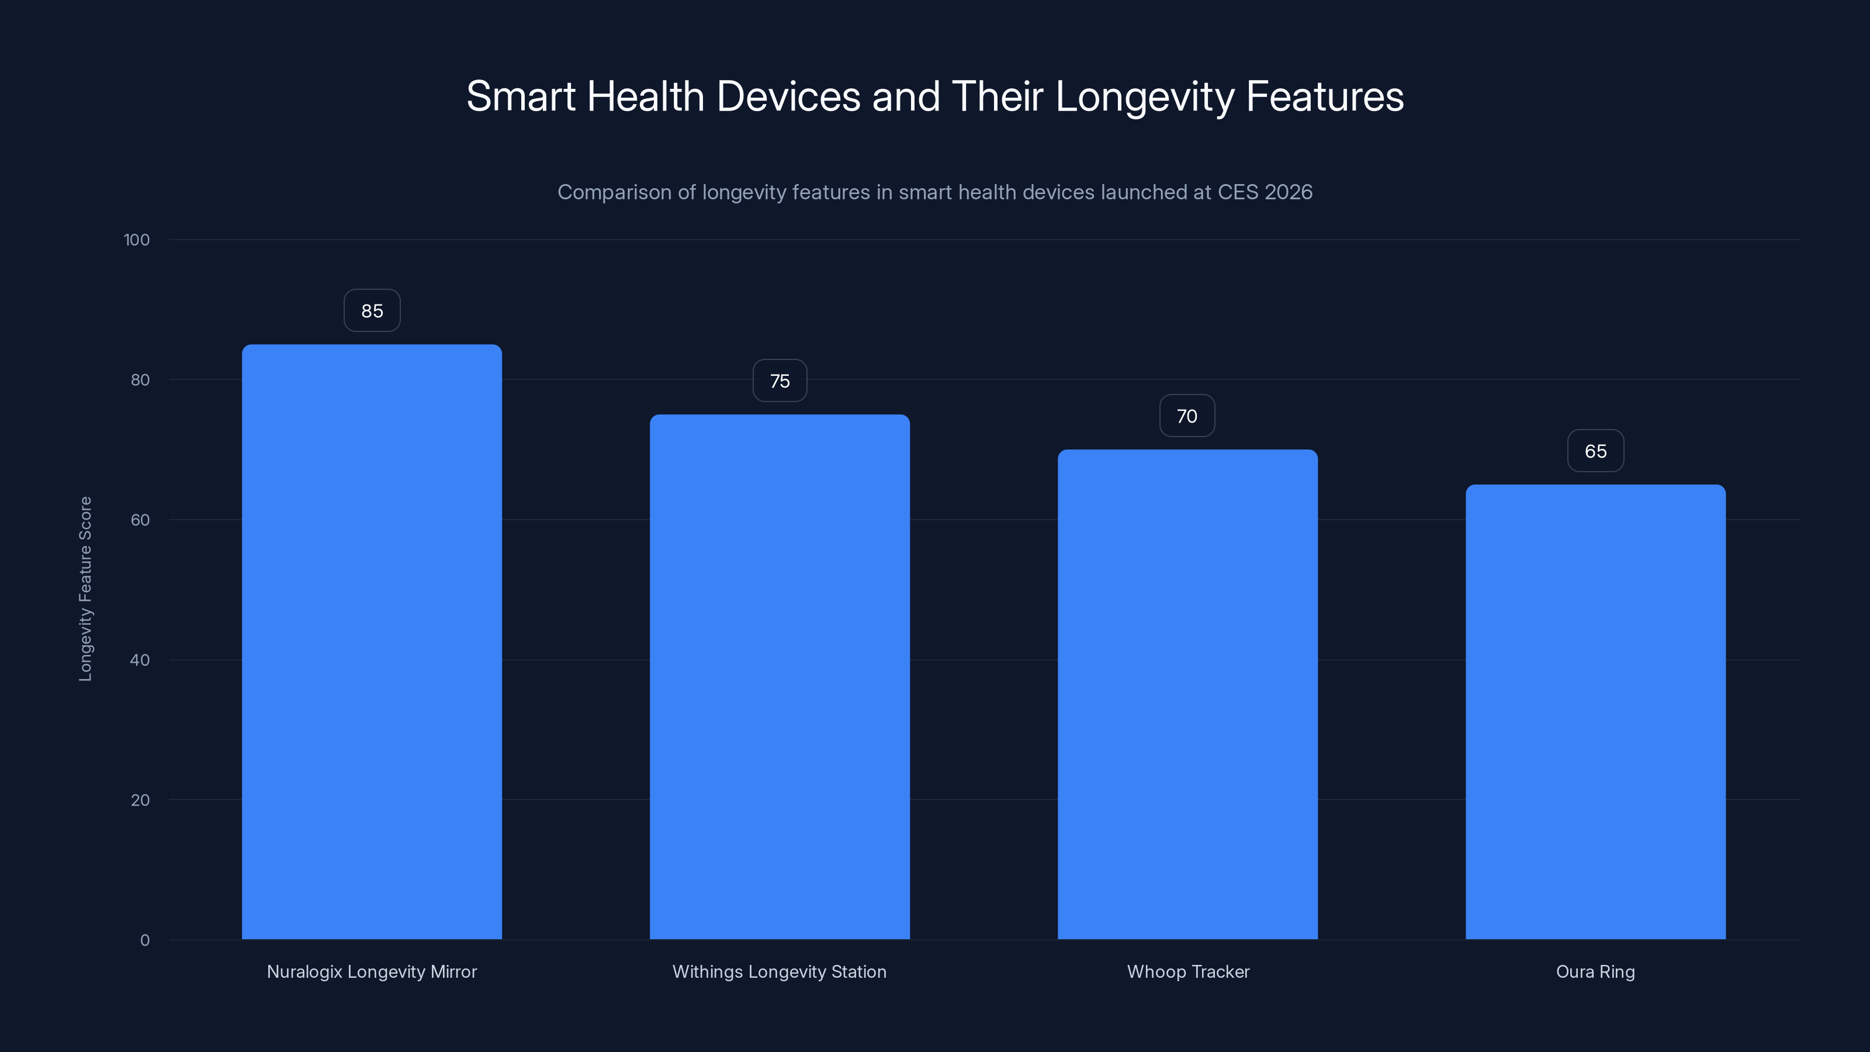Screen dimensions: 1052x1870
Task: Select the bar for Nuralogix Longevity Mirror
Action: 372,642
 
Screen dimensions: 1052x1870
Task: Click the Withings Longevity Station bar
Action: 780,677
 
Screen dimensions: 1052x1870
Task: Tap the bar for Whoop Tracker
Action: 1187,694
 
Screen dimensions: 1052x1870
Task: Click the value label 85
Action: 372,311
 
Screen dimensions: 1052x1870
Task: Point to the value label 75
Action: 780,381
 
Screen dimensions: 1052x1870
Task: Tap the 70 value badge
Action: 1187,416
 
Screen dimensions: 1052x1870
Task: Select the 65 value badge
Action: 1595,451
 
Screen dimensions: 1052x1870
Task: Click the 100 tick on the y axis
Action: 137,240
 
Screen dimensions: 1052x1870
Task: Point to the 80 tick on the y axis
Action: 140,380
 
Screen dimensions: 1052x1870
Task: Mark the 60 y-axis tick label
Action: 140,520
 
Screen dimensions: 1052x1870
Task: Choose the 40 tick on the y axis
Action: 140,660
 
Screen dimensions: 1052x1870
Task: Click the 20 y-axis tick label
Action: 140,800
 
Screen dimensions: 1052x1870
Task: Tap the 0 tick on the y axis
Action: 144,940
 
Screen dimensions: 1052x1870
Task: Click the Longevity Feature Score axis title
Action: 86,589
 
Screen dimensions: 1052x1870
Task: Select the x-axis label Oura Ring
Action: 1595,971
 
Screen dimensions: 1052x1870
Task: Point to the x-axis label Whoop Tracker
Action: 1187,971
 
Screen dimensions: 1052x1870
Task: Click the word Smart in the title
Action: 521,96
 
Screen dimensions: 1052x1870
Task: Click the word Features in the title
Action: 1324,96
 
